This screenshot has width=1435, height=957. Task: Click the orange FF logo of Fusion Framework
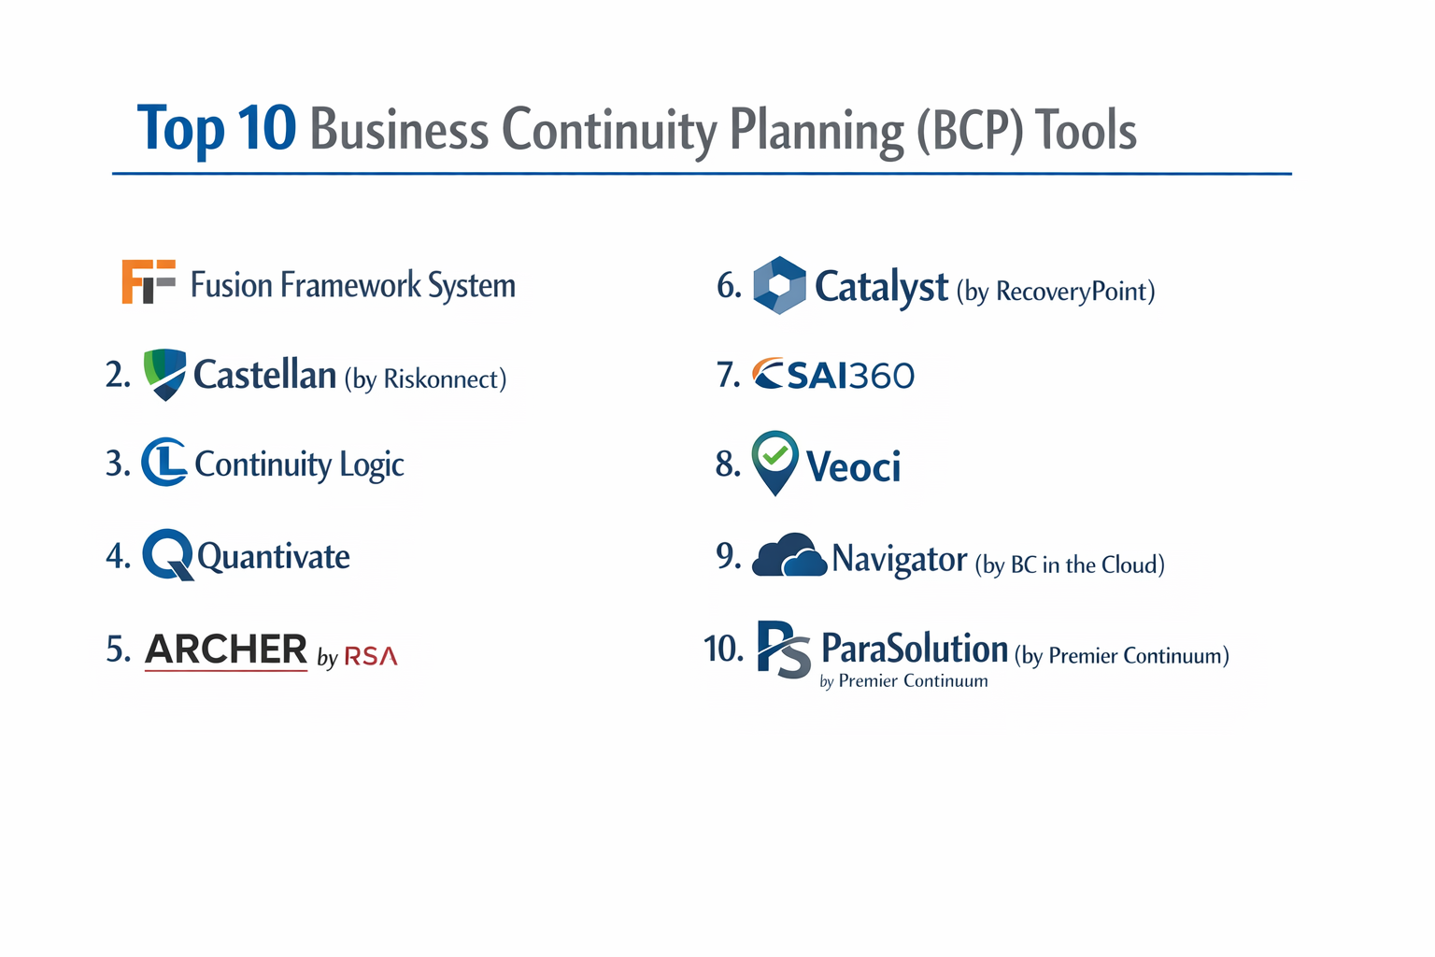point(148,282)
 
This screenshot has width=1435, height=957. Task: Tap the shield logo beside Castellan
point(165,374)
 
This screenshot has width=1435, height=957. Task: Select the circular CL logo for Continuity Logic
point(164,462)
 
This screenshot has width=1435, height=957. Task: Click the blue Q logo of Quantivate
point(168,554)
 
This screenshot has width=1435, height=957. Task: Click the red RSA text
point(371,657)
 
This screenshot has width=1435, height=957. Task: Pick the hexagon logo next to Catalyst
point(779,285)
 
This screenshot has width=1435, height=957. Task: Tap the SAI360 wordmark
point(833,375)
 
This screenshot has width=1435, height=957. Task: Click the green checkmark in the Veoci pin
point(774,455)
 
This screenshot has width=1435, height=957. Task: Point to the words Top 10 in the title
point(217,128)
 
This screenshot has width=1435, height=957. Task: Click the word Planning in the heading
point(817,131)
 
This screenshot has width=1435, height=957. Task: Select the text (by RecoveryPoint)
point(1056,292)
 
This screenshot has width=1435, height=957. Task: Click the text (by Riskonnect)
point(425,379)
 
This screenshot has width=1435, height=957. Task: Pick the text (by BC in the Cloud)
point(1070,564)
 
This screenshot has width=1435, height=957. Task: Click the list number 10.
point(723,648)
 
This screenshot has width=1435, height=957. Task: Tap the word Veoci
point(853,466)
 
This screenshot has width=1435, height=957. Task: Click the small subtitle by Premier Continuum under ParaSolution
point(903,681)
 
